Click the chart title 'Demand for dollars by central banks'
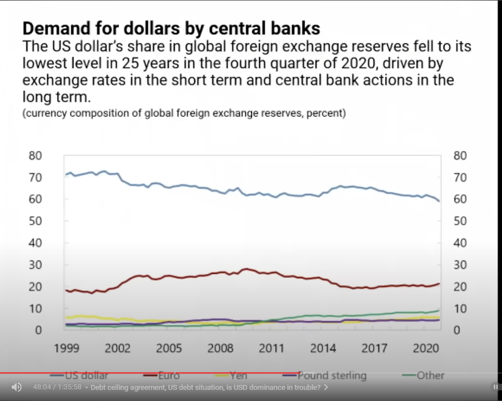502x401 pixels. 171,28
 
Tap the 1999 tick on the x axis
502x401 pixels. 66,348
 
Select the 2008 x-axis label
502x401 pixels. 220,348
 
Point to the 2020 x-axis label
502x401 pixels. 426,348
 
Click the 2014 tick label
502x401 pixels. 323,348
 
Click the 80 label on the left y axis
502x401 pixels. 34,156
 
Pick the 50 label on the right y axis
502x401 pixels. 460,221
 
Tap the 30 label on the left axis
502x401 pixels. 34,264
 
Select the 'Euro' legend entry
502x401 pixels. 165,375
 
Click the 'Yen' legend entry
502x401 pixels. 238,375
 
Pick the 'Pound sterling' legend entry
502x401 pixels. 332,375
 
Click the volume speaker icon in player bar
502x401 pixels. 17,387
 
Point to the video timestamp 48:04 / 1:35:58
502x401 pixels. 57,387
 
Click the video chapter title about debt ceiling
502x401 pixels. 205,387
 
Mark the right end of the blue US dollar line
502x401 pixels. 439,200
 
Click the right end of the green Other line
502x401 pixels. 439,310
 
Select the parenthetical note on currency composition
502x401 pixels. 184,114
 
